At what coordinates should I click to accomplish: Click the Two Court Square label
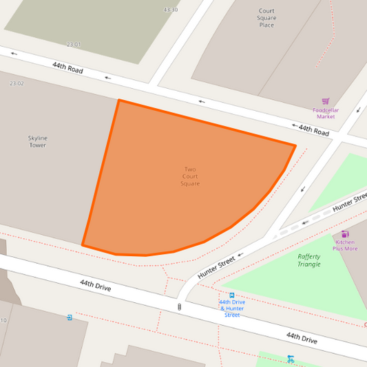(190, 176)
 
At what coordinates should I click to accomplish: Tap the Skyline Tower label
(37, 142)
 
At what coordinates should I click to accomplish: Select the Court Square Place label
(266, 18)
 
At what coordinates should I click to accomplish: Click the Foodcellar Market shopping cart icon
(326, 101)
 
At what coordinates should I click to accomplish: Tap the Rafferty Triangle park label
(308, 260)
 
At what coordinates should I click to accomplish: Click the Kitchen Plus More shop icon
(345, 234)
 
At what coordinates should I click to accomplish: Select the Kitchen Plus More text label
(346, 245)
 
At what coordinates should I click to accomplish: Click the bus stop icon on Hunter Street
(232, 295)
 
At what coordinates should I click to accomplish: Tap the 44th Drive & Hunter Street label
(232, 308)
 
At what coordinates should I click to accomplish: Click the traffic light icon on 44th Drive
(179, 307)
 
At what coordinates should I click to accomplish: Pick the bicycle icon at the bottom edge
(291, 359)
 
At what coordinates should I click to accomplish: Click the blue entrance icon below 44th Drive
(70, 317)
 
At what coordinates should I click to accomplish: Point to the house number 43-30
(171, 10)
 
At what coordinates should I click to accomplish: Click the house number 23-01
(74, 44)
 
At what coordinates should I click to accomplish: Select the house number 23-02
(17, 83)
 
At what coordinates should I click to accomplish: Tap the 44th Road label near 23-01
(67, 67)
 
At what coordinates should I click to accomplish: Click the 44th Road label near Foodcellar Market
(314, 129)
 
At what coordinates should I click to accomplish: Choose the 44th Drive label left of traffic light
(95, 285)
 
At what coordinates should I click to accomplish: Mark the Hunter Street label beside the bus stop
(217, 266)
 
